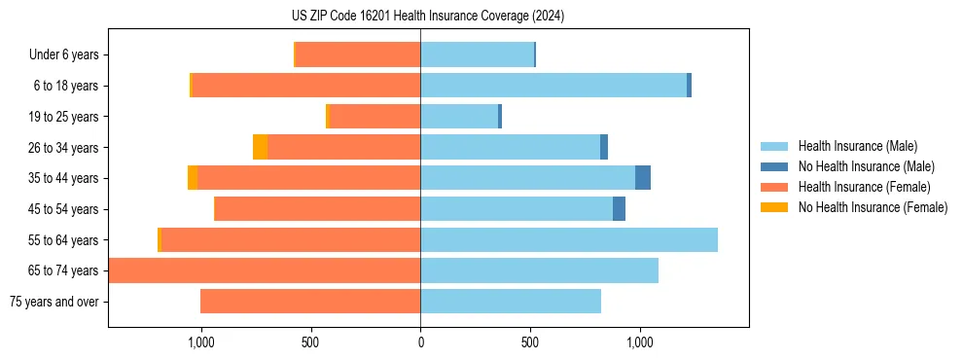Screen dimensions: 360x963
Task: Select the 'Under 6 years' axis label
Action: pyautogui.click(x=63, y=55)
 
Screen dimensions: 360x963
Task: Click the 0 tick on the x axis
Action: pyautogui.click(x=420, y=342)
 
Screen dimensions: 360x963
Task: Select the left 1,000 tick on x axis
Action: pyautogui.click(x=200, y=342)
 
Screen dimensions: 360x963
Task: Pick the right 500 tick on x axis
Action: pyautogui.click(x=530, y=342)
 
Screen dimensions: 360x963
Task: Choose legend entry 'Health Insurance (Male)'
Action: pyautogui.click(x=856, y=147)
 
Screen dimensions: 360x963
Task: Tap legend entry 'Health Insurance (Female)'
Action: pyautogui.click(x=864, y=187)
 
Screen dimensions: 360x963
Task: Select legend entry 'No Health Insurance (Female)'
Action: pyautogui.click(x=873, y=207)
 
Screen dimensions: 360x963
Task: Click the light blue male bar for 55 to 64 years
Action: pyautogui.click(x=569, y=240)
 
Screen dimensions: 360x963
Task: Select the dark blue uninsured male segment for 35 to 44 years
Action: pyautogui.click(x=643, y=178)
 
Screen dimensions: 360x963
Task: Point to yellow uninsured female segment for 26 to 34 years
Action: pyautogui.click(x=260, y=147)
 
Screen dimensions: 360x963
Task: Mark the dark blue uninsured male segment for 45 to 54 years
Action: pyautogui.click(x=619, y=209)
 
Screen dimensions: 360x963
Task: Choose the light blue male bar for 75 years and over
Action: pyautogui.click(x=511, y=302)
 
